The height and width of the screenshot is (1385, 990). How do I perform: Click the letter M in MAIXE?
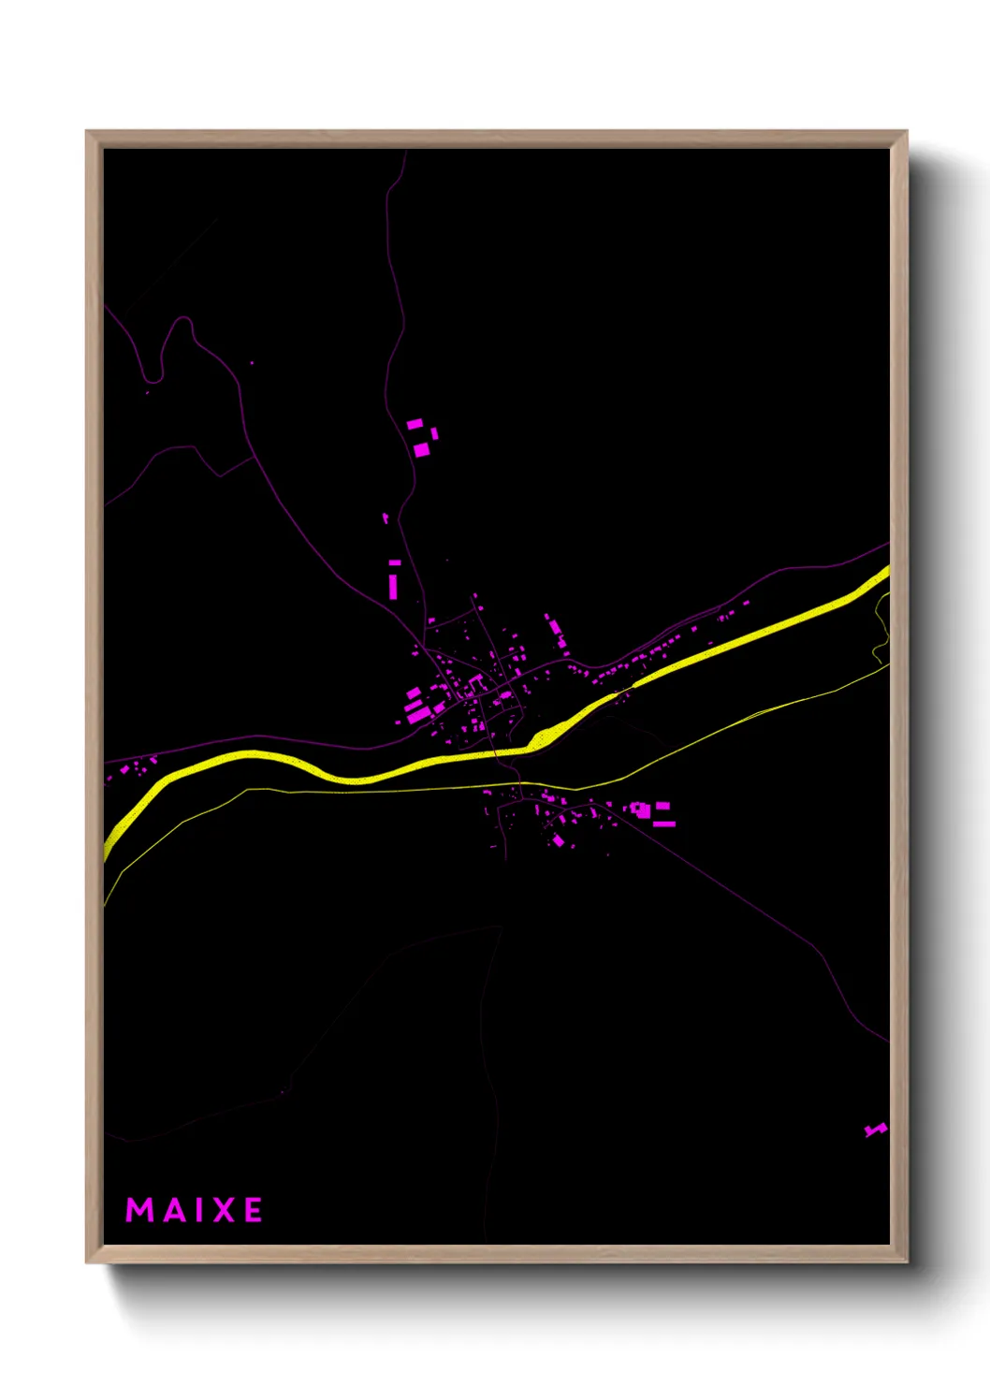click(139, 1210)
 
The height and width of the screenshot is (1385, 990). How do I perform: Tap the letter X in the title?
click(225, 1210)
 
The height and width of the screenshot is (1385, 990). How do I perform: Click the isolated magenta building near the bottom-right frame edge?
click(875, 1130)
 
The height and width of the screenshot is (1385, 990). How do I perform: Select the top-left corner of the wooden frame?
click(87, 132)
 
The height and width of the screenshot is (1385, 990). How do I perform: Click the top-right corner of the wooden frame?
click(906, 132)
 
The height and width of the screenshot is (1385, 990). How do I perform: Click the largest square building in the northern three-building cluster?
click(421, 450)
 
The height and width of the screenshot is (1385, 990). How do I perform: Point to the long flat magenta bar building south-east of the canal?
click(664, 824)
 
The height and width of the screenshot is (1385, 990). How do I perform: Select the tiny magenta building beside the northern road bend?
click(386, 518)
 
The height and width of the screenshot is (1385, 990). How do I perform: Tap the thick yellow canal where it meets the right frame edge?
click(883, 572)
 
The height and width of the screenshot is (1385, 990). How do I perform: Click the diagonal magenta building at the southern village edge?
click(559, 840)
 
